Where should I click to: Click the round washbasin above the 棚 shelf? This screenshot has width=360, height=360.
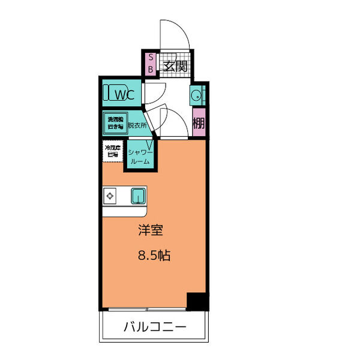195,94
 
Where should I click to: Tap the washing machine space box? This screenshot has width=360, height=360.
115,123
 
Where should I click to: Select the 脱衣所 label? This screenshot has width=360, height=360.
137,127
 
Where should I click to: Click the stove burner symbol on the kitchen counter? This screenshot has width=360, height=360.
110,196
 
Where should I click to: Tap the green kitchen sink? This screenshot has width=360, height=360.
138,196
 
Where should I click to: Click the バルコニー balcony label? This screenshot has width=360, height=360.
155,327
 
